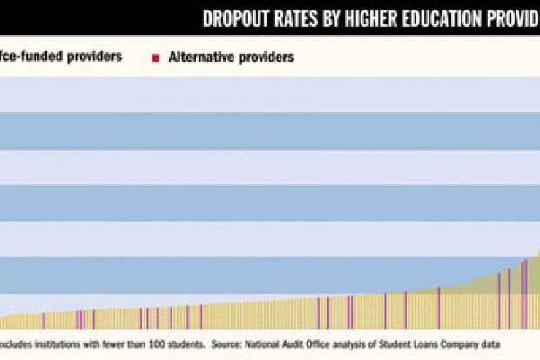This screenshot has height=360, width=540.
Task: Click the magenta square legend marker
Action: (156, 58)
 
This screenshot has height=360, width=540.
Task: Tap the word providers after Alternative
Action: (266, 58)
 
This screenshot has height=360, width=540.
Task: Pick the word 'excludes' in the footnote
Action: (18, 343)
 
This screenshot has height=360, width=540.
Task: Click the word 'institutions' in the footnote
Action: (61, 343)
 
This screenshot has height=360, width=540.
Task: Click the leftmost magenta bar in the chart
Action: (44, 321)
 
